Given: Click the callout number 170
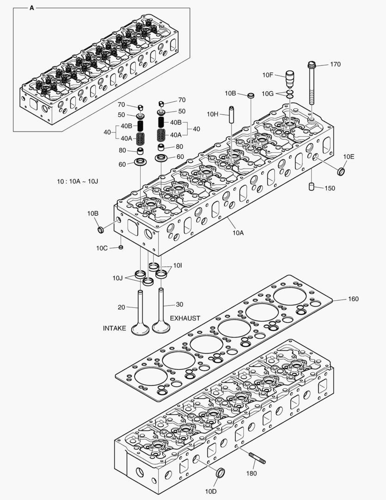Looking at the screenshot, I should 335,64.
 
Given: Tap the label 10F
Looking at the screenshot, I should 268,75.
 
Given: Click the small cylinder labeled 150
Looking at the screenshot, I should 312,187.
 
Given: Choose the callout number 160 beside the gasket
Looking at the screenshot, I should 353,299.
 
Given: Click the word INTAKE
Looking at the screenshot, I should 114,328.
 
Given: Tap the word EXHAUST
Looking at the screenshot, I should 185,319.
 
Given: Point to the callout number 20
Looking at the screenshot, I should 122,306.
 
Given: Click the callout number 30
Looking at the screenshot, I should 180,305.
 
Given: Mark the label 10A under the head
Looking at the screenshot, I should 238,233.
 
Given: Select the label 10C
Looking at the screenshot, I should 102,248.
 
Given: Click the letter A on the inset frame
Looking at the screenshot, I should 31,8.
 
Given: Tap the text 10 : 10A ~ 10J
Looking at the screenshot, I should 78,181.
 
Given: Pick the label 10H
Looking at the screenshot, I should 213,114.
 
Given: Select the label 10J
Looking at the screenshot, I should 117,278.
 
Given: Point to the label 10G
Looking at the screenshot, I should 267,94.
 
